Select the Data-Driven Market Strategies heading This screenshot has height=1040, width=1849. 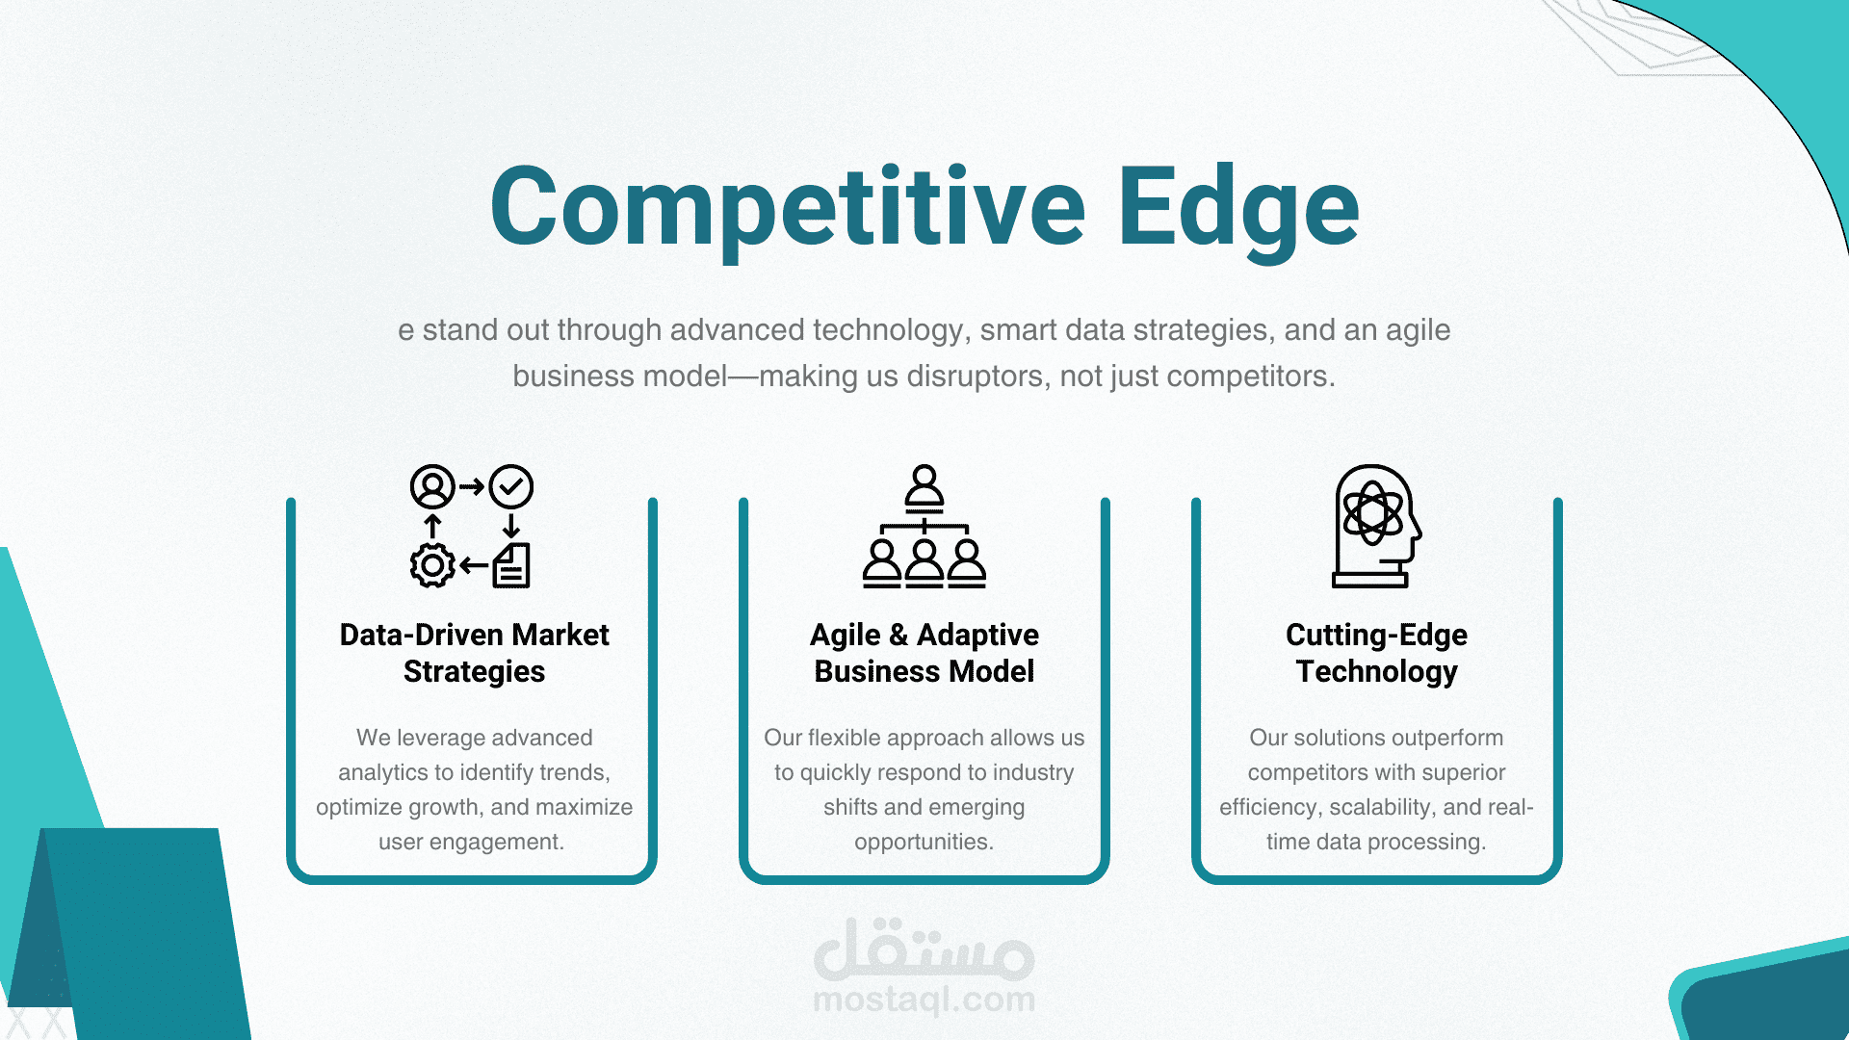point(475,653)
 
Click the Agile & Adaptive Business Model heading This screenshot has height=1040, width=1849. point(924,653)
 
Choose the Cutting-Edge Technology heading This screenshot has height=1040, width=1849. point(1377,653)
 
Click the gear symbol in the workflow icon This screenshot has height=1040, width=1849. point(432,565)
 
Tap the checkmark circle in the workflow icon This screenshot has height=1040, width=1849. point(511,486)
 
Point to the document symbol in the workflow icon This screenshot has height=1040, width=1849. point(511,565)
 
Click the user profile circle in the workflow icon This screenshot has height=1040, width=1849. point(432,486)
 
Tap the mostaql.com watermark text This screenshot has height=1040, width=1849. point(924,1000)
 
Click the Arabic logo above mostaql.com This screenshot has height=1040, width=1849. point(924,949)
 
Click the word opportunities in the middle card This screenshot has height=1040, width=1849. point(924,842)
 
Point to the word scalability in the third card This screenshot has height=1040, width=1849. point(1383,807)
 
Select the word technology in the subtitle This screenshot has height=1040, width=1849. point(888,330)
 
